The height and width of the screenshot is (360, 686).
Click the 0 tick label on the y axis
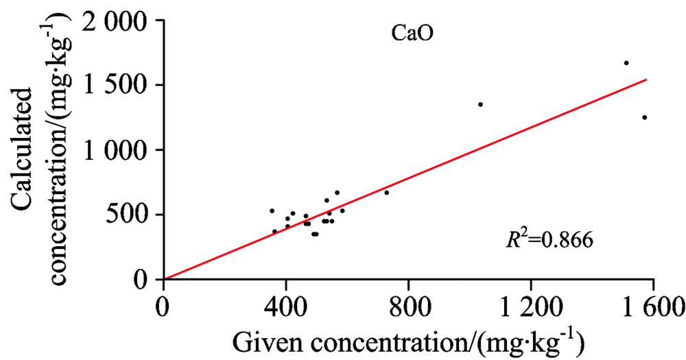point(142,280)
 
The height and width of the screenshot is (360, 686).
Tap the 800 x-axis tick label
point(408,307)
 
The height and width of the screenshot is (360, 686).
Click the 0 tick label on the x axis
point(163,307)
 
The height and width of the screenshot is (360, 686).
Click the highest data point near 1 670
point(626,62)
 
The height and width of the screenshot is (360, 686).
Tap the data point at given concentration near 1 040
point(480,104)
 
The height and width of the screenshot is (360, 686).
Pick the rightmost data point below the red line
point(644,117)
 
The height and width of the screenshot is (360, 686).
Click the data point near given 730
point(387,193)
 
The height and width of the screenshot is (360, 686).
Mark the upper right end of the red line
point(646,80)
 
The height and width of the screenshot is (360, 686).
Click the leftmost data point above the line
point(272,211)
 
